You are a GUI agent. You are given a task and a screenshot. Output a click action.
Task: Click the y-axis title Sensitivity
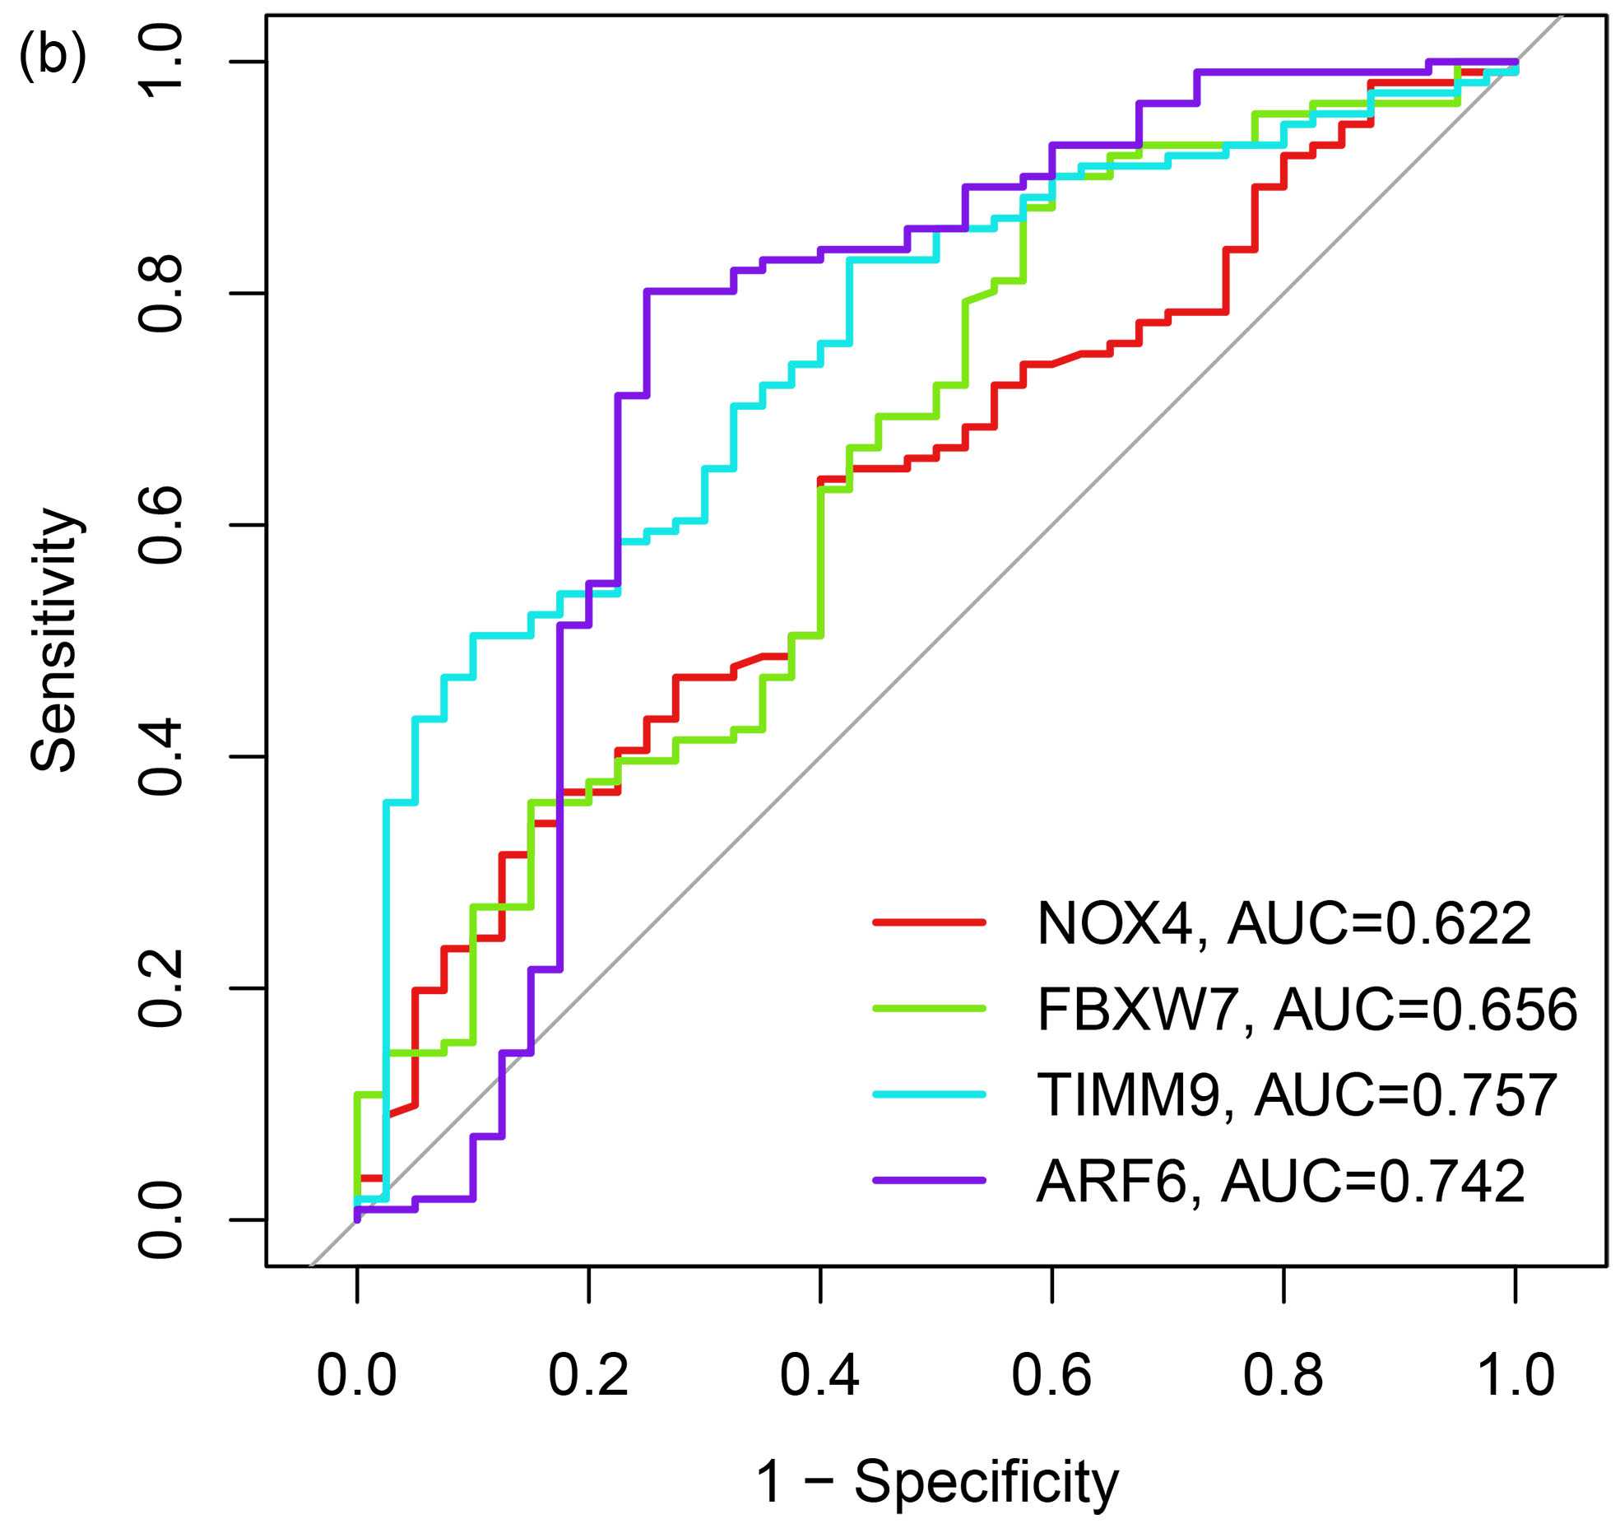click(56, 639)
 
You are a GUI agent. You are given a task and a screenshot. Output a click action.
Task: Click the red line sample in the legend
click(929, 922)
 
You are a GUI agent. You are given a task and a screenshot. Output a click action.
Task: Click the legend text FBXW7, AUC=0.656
click(1307, 1010)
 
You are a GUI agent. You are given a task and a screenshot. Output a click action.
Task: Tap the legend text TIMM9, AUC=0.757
click(1297, 1095)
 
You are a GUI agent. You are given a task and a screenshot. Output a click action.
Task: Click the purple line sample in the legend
click(929, 1180)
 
